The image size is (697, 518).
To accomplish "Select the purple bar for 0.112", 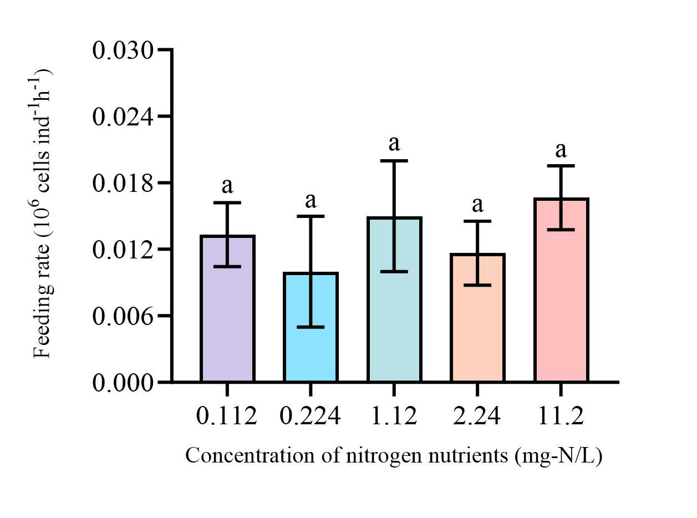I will [x=227, y=322].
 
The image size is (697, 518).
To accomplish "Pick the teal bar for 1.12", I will [x=394, y=322].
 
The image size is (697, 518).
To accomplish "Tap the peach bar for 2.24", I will [x=477, y=333].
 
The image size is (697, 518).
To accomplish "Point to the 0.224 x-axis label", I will [x=311, y=416].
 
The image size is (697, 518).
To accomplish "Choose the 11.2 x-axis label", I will [x=561, y=416].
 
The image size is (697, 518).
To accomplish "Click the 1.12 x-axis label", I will [x=394, y=416].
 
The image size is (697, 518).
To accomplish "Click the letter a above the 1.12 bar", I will [x=394, y=144].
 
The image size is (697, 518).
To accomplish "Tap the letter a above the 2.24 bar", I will [x=477, y=205].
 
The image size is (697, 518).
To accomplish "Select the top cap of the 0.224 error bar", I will [x=311, y=216].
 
